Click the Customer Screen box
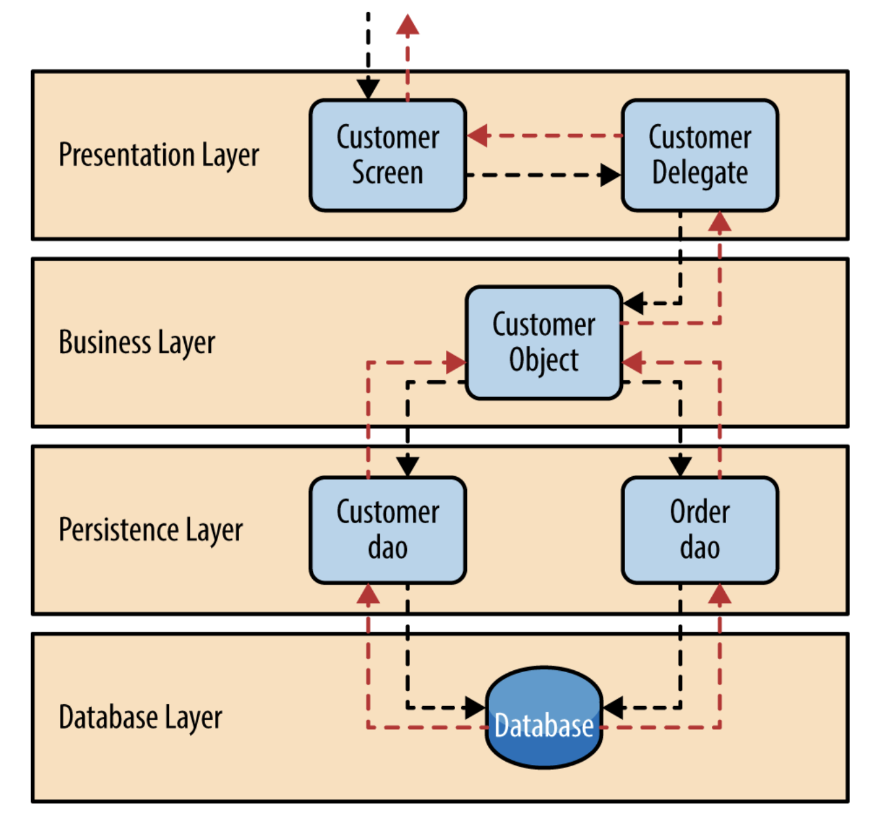tap(387, 155)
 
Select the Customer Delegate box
tap(699, 155)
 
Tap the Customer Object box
tap(543, 342)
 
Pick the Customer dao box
tap(387, 530)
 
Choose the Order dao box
tap(699, 530)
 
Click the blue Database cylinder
tap(543, 717)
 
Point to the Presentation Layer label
tap(159, 155)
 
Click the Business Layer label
tap(136, 342)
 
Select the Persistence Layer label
tap(150, 530)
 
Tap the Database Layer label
tap(140, 717)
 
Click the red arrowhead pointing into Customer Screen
tap(477, 135)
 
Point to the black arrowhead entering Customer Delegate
tap(611, 175)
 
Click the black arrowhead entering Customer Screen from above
tap(368, 89)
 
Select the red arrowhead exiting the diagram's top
tap(408, 24)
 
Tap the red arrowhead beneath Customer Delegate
tap(719, 221)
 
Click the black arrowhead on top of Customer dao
tap(408, 467)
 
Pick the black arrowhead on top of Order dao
tap(680, 467)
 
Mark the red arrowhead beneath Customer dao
tap(368, 594)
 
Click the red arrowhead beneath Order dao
tap(719, 594)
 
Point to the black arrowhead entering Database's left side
tap(475, 707)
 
